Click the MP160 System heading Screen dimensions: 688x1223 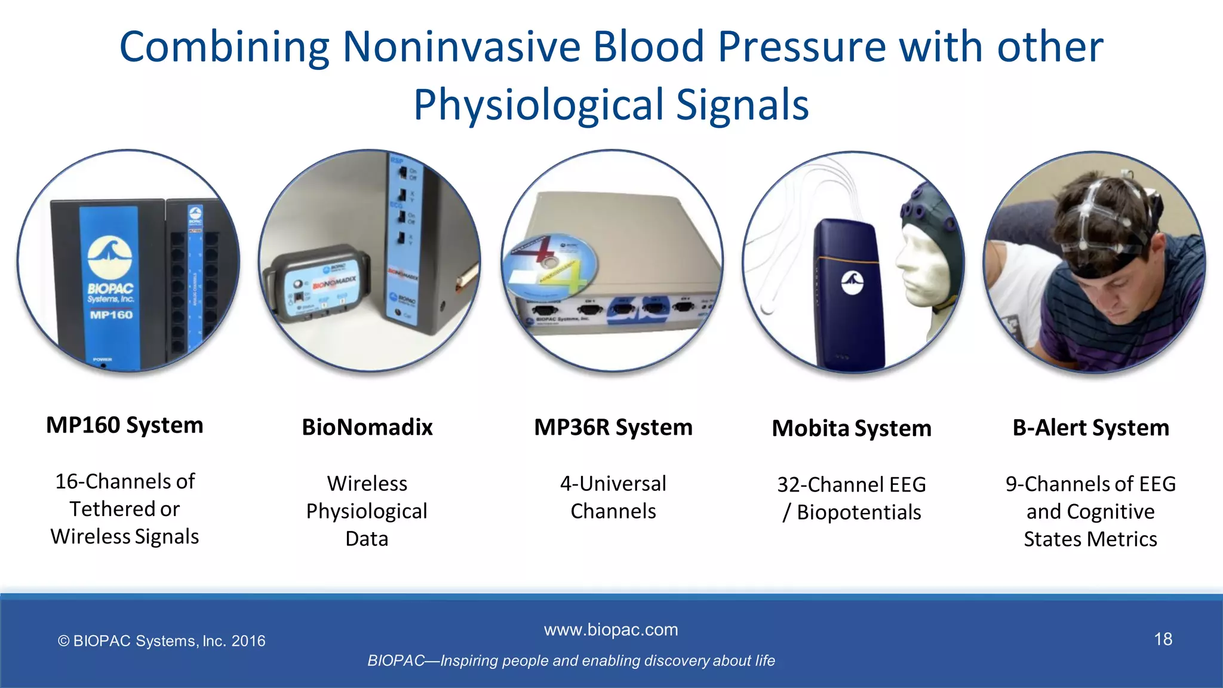(x=125, y=425)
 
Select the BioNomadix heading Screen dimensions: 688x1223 (x=367, y=428)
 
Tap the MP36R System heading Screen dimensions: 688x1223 (x=613, y=428)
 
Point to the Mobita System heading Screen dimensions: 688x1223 (x=852, y=428)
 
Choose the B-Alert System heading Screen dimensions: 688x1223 (x=1090, y=428)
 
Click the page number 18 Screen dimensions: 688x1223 (x=1163, y=640)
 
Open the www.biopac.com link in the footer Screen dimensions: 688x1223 (x=611, y=629)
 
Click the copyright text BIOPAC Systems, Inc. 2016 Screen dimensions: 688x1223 (x=161, y=641)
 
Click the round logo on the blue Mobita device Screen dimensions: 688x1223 (x=853, y=282)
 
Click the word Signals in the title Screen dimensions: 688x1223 (x=742, y=105)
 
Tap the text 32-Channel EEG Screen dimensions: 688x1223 (x=852, y=484)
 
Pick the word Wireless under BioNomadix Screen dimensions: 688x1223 (x=367, y=483)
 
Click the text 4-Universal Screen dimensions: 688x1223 (x=613, y=483)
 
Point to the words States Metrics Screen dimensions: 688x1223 (x=1090, y=539)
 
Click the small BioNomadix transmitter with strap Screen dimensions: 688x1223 (x=316, y=284)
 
